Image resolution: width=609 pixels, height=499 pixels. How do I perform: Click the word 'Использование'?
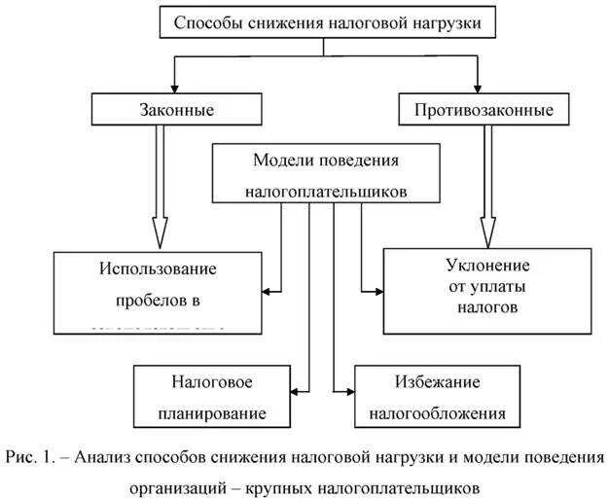pos(159,267)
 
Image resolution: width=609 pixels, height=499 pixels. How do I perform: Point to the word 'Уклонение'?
pos(486,265)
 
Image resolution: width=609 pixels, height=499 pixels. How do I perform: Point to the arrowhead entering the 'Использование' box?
pos(268,289)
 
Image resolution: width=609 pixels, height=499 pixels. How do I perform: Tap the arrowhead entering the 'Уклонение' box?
pos(376,289)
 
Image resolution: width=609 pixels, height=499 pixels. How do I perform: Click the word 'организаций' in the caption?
pos(172,483)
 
